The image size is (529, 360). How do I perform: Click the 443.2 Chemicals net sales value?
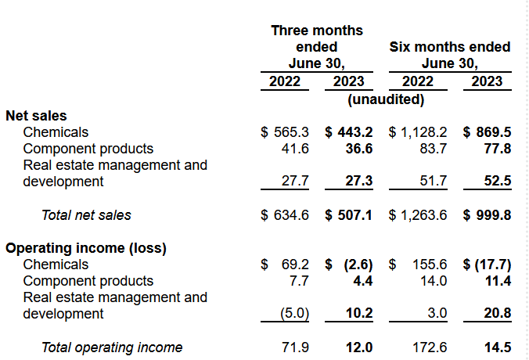tap(351, 132)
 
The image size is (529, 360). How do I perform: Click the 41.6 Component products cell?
tap(295, 149)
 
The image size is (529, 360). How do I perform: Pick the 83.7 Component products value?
tap(433, 149)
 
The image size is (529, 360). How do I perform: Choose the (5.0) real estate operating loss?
tap(295, 314)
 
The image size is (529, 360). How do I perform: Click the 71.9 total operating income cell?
tap(295, 347)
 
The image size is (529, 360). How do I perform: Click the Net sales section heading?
tap(37, 116)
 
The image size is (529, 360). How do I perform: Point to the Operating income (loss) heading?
tap(86, 248)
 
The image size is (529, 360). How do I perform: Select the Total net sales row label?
tap(86, 215)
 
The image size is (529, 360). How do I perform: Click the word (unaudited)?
tap(386, 99)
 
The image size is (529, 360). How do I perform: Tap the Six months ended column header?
tap(450, 47)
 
